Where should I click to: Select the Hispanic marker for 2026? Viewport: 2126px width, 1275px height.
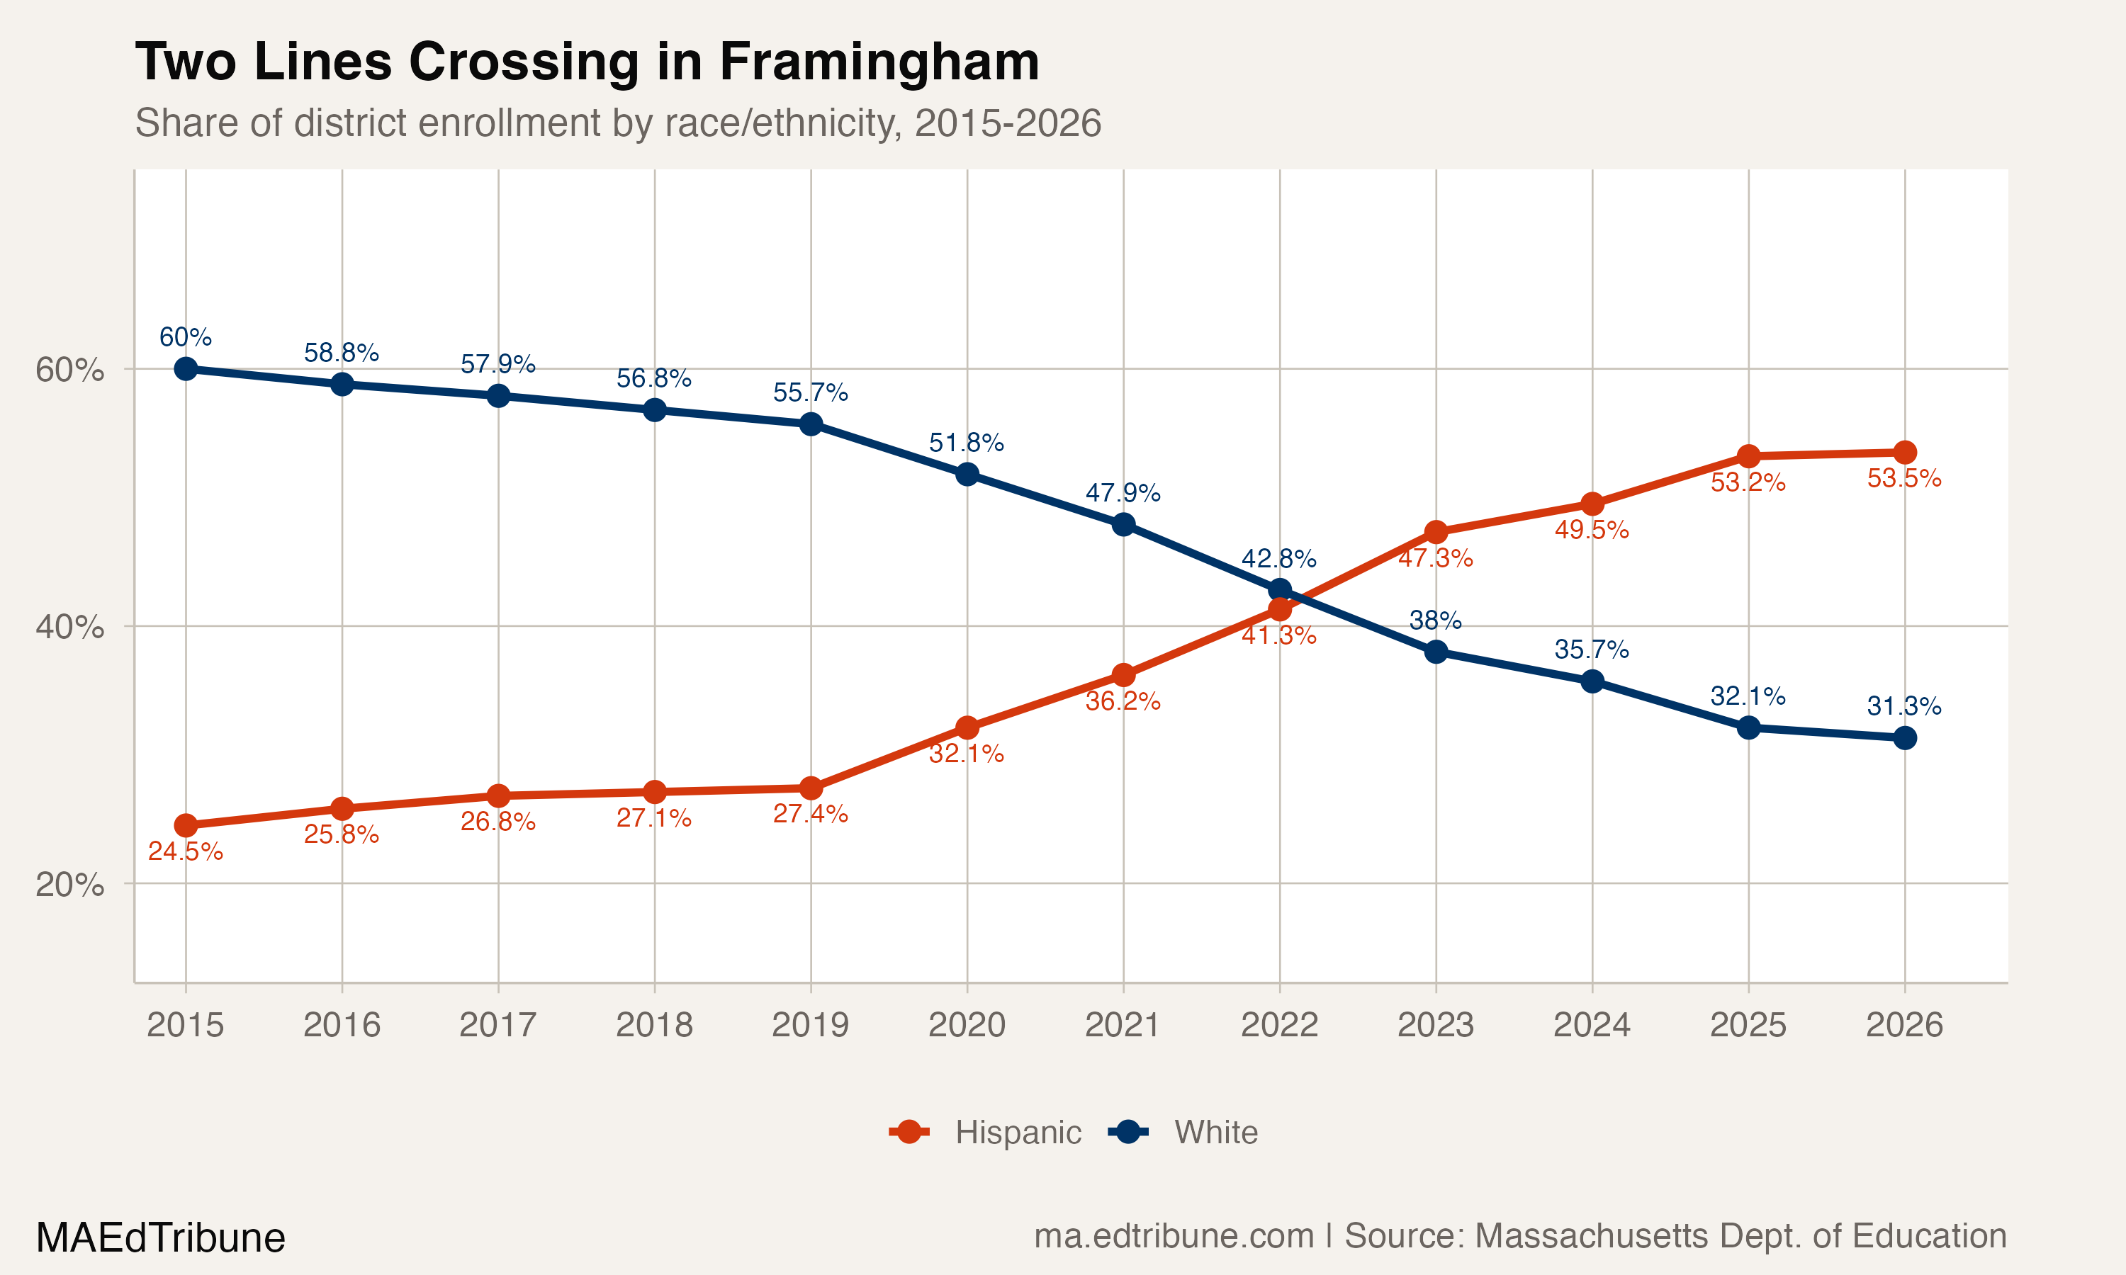coord(1904,452)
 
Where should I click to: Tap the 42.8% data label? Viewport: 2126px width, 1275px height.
coord(1278,558)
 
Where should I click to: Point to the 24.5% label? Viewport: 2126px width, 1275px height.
coord(186,851)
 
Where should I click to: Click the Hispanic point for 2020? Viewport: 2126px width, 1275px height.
coord(967,727)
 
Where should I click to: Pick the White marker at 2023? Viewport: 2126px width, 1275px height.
coord(1436,652)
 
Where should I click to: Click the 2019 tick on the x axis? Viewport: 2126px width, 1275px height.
coord(810,1025)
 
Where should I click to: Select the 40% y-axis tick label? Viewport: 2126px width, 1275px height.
coord(69,626)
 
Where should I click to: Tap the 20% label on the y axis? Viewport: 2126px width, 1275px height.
coord(69,884)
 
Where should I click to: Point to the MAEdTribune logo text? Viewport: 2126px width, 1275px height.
coord(161,1238)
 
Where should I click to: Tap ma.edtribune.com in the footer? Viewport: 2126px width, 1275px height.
coord(1173,1235)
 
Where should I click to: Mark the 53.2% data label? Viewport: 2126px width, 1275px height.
coord(1748,482)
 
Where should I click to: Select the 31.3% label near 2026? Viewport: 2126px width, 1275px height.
coord(1904,706)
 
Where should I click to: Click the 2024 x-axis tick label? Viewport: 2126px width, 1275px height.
coord(1592,1025)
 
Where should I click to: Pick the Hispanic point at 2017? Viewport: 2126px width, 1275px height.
coord(498,795)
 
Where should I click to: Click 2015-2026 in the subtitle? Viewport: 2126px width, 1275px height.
coord(1007,123)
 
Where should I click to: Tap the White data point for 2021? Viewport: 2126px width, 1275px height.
coord(1123,524)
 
